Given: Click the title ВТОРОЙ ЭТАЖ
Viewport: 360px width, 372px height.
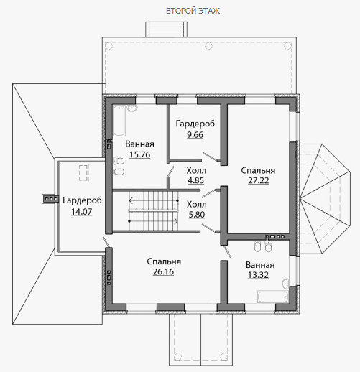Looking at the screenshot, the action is tap(193, 11).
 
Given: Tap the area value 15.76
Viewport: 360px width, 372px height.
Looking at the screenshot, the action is tap(140, 154).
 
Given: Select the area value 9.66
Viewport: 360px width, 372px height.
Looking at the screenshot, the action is tap(195, 135).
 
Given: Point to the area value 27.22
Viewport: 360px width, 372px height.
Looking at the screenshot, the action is tap(258, 180).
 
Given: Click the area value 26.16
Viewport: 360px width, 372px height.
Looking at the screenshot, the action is tap(163, 271).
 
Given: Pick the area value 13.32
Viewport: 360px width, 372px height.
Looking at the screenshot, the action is tap(258, 275).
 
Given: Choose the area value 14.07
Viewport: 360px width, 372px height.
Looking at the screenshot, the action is tap(81, 212).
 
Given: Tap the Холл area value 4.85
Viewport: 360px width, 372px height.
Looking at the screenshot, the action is tap(195, 180).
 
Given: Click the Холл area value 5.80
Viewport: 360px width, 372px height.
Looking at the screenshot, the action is tap(197, 215).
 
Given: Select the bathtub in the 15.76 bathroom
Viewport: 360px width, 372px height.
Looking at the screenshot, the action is tap(119, 121).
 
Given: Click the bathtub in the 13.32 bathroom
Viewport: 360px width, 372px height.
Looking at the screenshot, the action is tap(273, 297).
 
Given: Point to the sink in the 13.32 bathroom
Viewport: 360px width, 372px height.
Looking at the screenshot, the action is tap(285, 284).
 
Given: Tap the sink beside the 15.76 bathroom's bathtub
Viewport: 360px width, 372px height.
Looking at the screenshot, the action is tap(132, 108).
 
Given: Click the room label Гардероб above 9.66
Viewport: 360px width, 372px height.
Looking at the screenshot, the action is tap(195, 124).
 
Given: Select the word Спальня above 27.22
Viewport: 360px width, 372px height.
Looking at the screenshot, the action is tap(258, 170).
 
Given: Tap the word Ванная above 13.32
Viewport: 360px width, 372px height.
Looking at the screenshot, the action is tap(260, 265).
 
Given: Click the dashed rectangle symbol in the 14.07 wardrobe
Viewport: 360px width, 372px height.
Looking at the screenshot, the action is tap(83, 173).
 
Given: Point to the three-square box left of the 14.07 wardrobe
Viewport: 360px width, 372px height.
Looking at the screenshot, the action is tap(50, 199).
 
